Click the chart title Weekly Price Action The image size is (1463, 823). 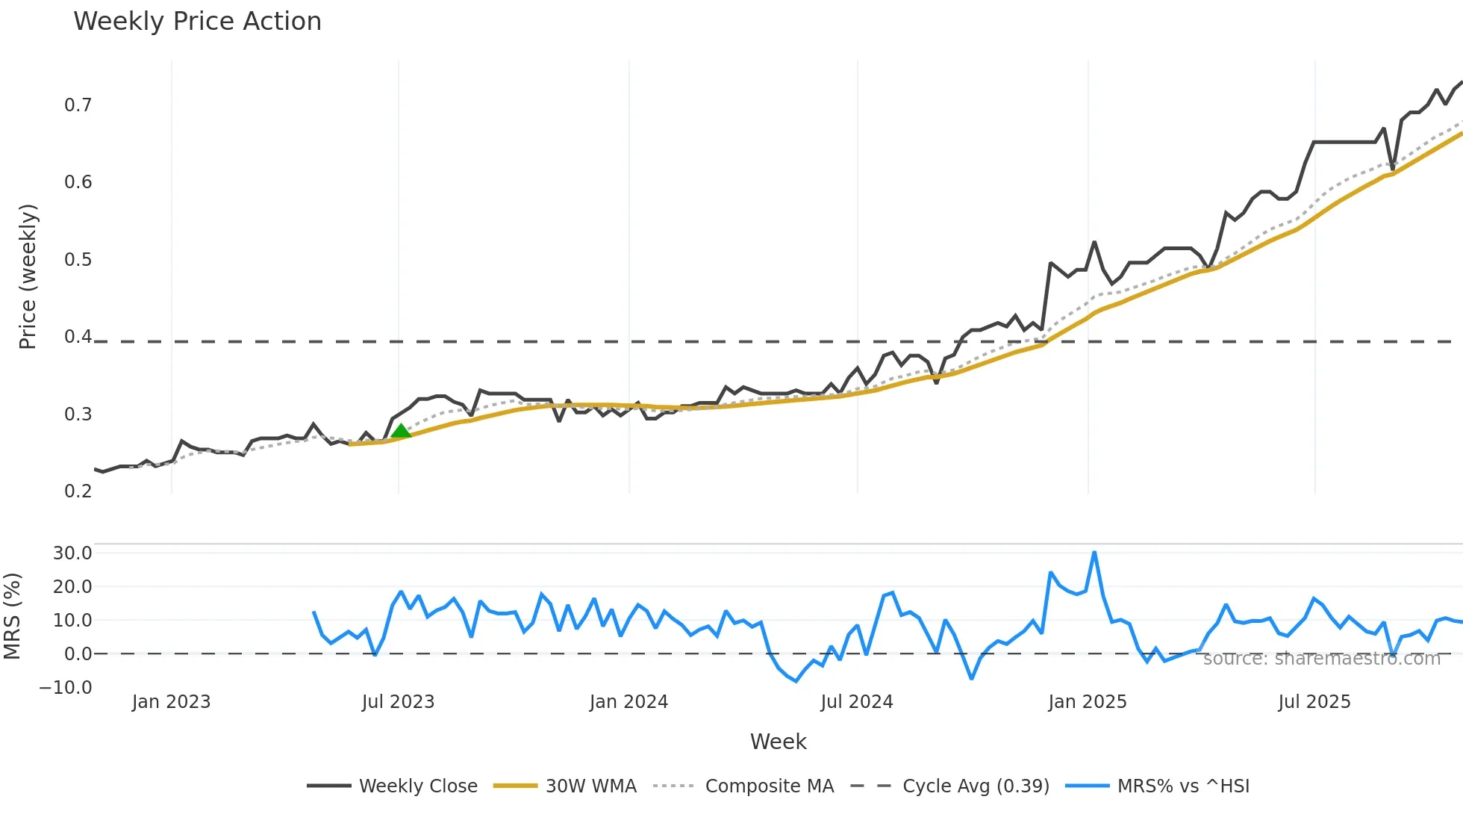pyautogui.click(x=197, y=22)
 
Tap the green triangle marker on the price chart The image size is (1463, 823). pyautogui.click(x=401, y=431)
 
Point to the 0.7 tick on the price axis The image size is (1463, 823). pyautogui.click(x=78, y=105)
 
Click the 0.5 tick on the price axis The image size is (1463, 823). pyautogui.click(x=78, y=260)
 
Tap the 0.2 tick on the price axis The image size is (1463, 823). pyautogui.click(x=78, y=491)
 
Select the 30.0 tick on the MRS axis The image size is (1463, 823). pyautogui.click(x=72, y=553)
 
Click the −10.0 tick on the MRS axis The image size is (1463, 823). pyautogui.click(x=66, y=688)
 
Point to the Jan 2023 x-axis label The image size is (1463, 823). pyautogui.click(x=171, y=702)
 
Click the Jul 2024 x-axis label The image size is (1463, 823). pyautogui.click(x=856, y=702)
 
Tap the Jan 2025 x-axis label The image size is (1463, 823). pyautogui.click(x=1087, y=702)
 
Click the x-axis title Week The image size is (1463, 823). pyautogui.click(x=778, y=742)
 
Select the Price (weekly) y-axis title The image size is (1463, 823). pyautogui.click(x=28, y=276)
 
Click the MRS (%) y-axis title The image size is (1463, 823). pyautogui.click(x=12, y=616)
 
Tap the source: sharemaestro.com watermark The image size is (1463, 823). pyautogui.click(x=1321, y=659)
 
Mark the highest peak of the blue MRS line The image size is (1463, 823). pyautogui.click(x=1094, y=553)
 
